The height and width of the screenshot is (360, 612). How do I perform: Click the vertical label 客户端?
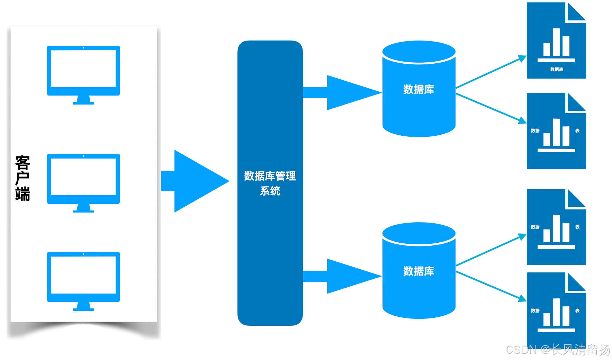tap(22, 178)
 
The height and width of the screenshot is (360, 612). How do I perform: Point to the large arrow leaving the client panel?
tap(196, 181)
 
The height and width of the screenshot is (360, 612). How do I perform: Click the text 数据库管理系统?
tap(270, 183)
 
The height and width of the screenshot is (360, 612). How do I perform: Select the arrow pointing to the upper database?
tap(343, 93)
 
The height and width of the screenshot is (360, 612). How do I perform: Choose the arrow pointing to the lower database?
tap(343, 276)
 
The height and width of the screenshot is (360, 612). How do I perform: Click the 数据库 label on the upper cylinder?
tap(418, 89)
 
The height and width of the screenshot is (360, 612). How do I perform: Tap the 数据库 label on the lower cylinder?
tap(418, 271)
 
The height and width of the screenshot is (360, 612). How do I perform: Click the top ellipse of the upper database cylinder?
tap(418, 52)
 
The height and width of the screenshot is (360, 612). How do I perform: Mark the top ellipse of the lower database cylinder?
tap(418, 234)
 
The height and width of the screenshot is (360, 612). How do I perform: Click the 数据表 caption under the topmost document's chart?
tap(557, 70)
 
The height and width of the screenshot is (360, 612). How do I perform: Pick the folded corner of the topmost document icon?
tap(576, 12)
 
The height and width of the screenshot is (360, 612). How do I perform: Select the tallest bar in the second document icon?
tap(556, 132)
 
